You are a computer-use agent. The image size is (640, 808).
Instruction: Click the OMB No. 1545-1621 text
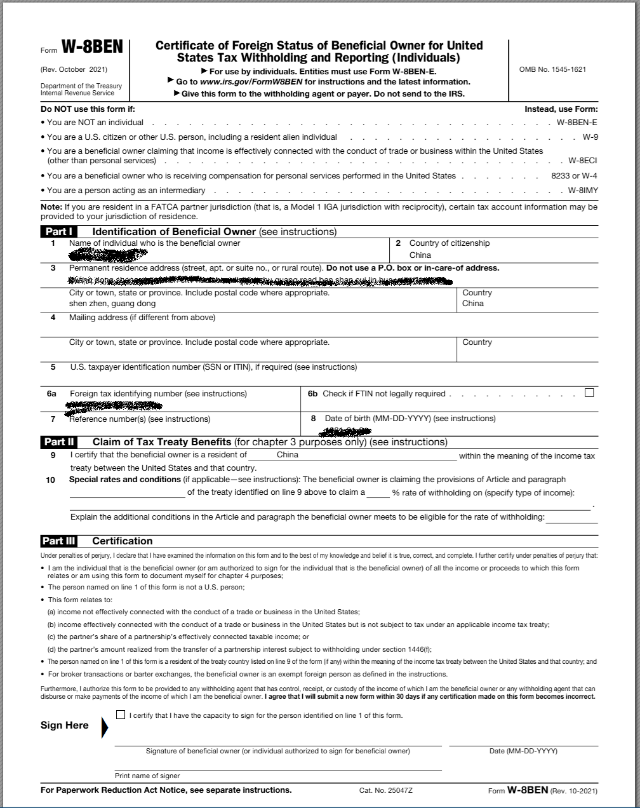pos(552,69)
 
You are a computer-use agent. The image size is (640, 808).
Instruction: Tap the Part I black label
pos(59,231)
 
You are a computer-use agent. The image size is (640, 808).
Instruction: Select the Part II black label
pos(59,441)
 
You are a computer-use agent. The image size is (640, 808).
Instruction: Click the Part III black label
pos(59,541)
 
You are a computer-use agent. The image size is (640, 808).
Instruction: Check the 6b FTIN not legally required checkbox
pos(589,393)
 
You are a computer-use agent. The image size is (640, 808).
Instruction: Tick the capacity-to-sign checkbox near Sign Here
pos(121,715)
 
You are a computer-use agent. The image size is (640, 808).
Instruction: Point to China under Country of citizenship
pos(420,255)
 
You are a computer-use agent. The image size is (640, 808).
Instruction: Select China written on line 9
pos(288,455)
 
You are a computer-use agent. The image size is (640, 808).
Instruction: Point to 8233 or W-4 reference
pos(574,175)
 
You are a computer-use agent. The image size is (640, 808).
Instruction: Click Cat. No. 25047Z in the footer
pos(385,790)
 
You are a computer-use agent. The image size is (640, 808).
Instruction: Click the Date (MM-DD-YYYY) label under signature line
pos(523,751)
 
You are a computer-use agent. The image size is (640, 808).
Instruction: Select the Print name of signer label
pos(147,776)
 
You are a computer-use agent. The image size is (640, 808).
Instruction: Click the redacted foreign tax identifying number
pos(114,404)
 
